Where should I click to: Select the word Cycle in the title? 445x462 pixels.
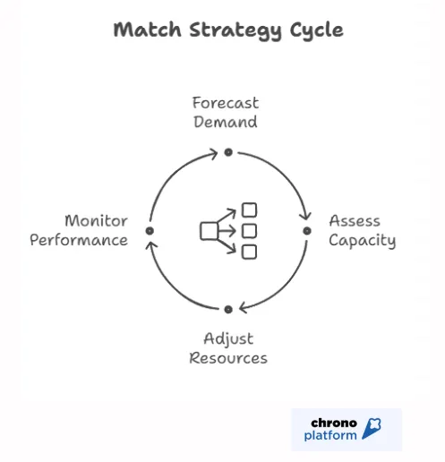point(312,30)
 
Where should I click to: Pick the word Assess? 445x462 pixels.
point(355,220)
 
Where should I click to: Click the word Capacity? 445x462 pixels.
point(362,240)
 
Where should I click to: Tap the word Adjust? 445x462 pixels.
point(228,338)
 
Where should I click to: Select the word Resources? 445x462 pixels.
point(228,358)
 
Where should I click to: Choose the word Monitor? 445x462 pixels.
point(96,220)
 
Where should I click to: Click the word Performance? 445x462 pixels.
point(79,240)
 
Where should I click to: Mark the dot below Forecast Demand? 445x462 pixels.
point(228,152)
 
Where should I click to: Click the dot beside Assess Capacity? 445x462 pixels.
point(307,231)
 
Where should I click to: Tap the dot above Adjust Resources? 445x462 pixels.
point(228,309)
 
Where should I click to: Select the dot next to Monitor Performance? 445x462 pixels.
point(150,231)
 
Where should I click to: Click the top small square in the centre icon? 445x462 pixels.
point(250,210)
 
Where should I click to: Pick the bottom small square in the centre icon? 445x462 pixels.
point(250,252)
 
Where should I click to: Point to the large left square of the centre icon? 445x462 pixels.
point(209,231)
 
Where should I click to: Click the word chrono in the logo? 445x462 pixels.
point(334,422)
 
